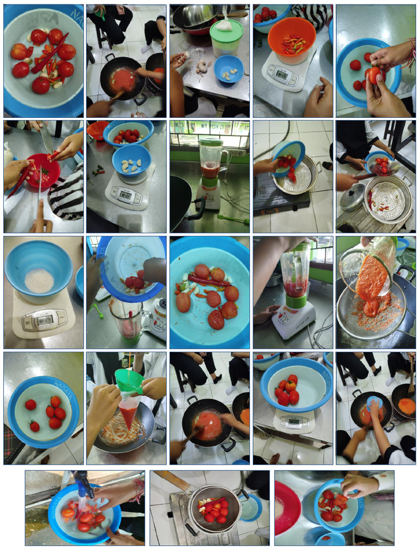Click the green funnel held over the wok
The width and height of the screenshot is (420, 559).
(129, 380)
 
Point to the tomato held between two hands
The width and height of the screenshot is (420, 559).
(374, 75)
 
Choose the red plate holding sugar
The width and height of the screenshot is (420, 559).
(287, 507)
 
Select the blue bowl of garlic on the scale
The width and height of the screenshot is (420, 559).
(131, 160)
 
